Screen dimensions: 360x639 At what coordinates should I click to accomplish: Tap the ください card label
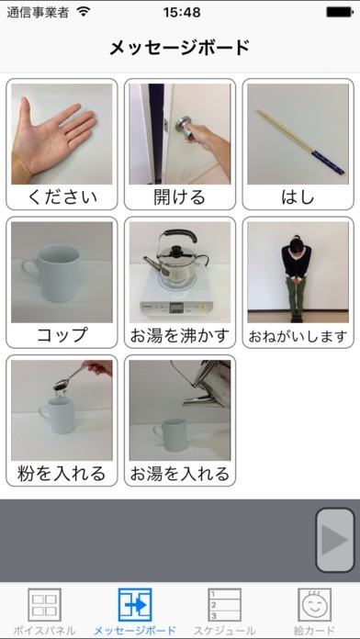pyautogui.click(x=62, y=197)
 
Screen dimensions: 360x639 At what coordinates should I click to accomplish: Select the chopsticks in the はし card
pyautogui.click(x=300, y=141)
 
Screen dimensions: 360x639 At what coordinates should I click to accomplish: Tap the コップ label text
pyautogui.click(x=62, y=335)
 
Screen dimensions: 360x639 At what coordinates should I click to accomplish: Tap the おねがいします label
pyautogui.click(x=298, y=336)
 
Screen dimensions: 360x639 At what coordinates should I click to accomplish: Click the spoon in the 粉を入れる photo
pyautogui.click(x=76, y=376)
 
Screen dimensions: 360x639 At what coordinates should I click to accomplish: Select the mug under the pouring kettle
pyautogui.click(x=170, y=435)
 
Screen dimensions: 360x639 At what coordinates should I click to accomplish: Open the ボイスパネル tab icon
pyautogui.click(x=44, y=604)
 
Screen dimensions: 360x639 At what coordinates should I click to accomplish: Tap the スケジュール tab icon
pyautogui.click(x=224, y=604)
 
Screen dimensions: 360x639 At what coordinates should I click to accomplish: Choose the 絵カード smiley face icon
pyautogui.click(x=314, y=604)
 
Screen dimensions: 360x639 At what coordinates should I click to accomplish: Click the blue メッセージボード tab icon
pyautogui.click(x=135, y=604)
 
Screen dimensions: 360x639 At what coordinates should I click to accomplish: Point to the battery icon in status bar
pyautogui.click(x=340, y=12)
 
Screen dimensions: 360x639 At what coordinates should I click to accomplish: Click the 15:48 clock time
pyautogui.click(x=182, y=12)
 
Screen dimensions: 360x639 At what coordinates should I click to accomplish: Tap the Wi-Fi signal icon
pyautogui.click(x=84, y=12)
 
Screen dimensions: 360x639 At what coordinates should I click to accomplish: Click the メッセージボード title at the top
pyautogui.click(x=180, y=48)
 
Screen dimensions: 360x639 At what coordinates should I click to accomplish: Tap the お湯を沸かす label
pyautogui.click(x=180, y=336)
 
